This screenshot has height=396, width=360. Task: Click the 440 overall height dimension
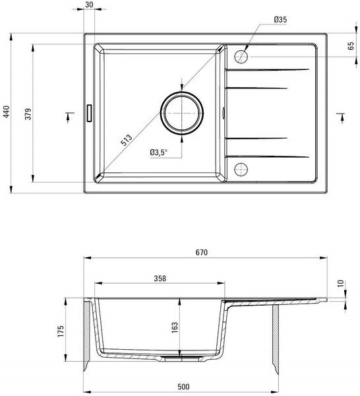click(x=7, y=112)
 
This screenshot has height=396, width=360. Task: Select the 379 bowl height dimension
click(x=28, y=114)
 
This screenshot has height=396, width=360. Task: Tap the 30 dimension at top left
click(x=89, y=5)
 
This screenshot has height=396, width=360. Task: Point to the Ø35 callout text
click(x=280, y=19)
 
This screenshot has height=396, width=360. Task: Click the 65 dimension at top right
click(x=351, y=46)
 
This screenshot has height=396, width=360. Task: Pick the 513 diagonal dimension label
click(x=127, y=140)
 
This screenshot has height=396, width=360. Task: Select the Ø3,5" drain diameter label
click(x=159, y=152)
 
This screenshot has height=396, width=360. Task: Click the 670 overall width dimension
click(x=202, y=252)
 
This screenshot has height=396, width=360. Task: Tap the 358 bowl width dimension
click(x=160, y=279)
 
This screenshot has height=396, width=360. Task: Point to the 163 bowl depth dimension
click(x=175, y=327)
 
